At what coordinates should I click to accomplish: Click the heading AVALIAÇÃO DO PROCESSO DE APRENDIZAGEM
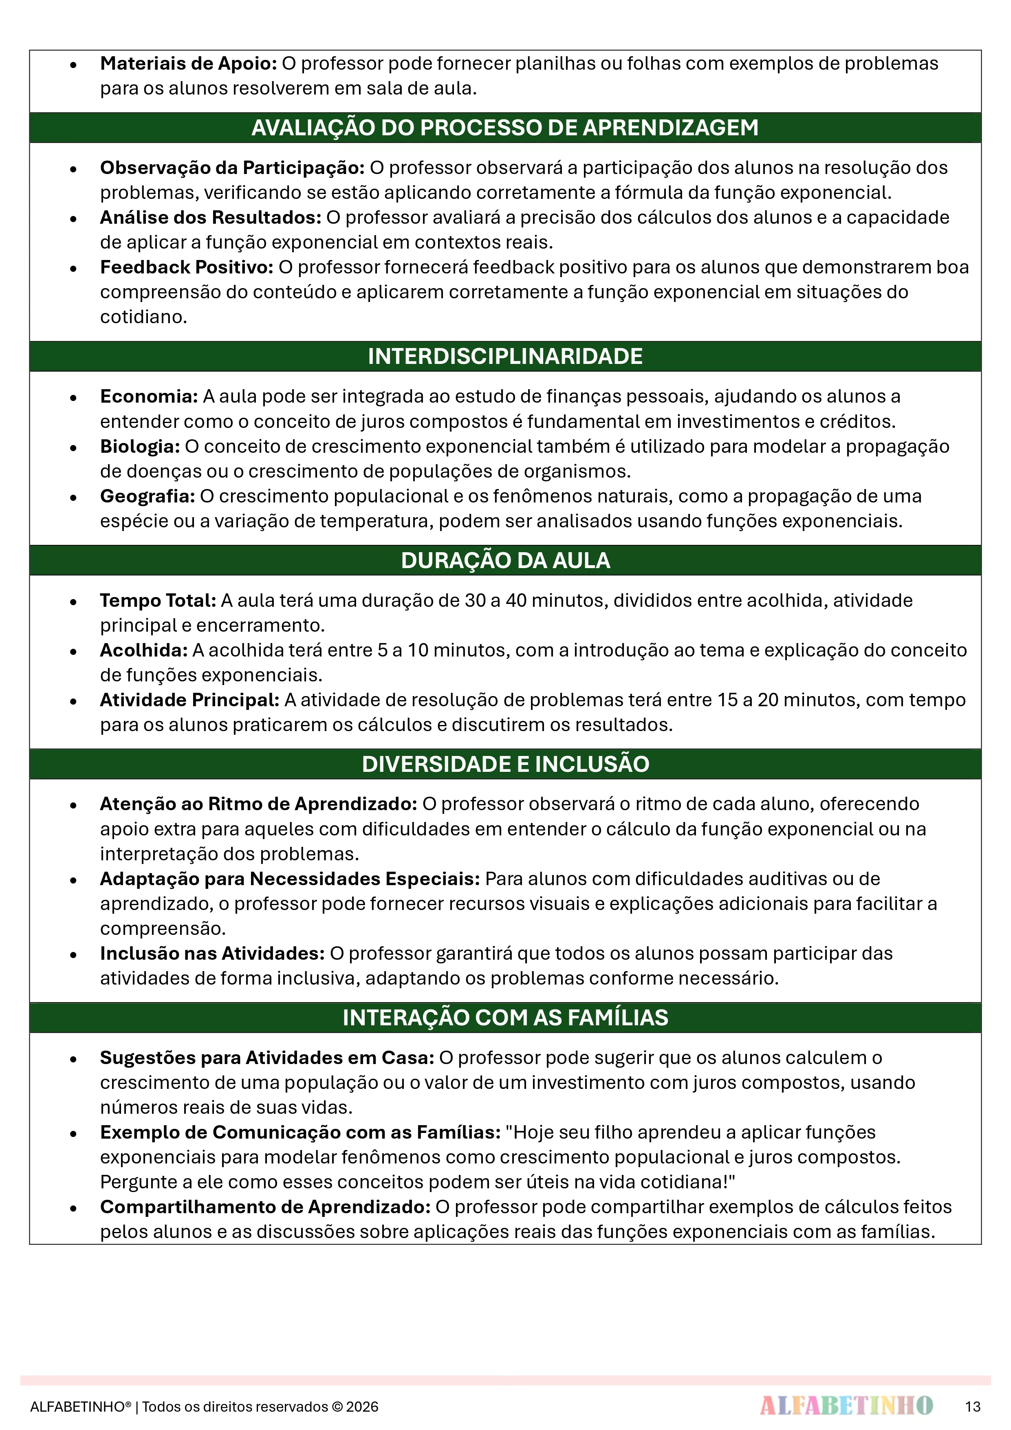pos(504,128)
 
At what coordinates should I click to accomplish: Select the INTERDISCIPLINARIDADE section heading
pos(504,356)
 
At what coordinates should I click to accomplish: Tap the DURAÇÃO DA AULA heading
pos(504,560)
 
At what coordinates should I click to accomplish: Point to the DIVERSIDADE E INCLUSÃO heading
pos(504,764)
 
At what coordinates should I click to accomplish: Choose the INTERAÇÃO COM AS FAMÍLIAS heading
pos(504,1018)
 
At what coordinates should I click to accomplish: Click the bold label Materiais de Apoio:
pos(188,64)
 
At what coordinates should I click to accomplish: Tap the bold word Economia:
pos(149,397)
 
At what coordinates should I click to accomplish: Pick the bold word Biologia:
pos(140,447)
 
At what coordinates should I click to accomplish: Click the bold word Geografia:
pos(148,496)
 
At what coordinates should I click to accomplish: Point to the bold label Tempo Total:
pos(158,600)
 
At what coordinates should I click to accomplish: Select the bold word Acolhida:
pos(144,650)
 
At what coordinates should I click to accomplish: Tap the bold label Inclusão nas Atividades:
pos(212,954)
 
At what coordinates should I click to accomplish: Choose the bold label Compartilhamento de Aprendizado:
pos(265,1207)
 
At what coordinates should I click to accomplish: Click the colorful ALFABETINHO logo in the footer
pos(846,1406)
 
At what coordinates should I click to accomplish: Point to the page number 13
pos(972,1406)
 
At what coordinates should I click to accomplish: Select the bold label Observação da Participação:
pos(232,168)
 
